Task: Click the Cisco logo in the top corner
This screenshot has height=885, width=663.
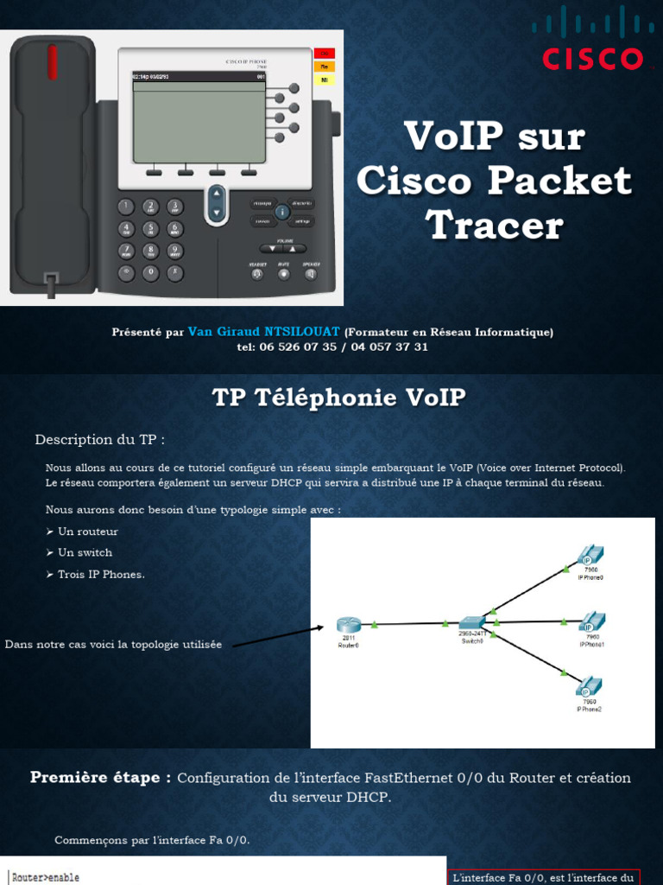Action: point(591,39)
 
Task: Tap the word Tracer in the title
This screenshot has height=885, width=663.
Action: point(495,226)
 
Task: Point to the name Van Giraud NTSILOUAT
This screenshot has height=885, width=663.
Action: point(264,332)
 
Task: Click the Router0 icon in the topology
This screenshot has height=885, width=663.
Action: point(348,626)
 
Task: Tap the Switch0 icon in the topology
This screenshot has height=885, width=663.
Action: point(472,623)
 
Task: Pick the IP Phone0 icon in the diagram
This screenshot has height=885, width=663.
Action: point(590,554)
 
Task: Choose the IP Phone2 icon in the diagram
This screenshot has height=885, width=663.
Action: point(589,688)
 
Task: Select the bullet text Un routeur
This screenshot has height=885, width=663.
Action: point(87,532)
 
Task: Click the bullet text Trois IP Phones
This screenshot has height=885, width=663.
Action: point(101,574)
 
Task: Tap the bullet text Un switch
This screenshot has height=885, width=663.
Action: point(85,552)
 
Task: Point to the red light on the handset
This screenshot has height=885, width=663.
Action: point(53,60)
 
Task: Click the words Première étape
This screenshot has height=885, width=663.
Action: point(100,777)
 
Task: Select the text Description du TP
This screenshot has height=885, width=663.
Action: point(99,440)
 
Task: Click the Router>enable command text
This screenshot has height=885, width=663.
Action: point(46,877)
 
